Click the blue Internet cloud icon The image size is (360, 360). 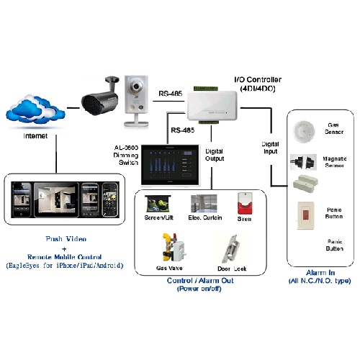point(32,112)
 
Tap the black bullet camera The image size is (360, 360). point(102,96)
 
